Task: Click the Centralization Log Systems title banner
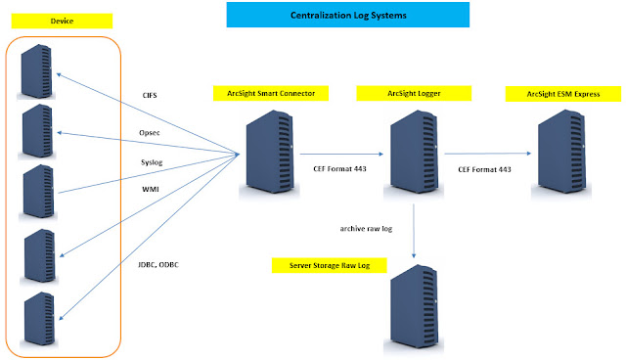[x=347, y=16]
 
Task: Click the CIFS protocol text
[x=151, y=96]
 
